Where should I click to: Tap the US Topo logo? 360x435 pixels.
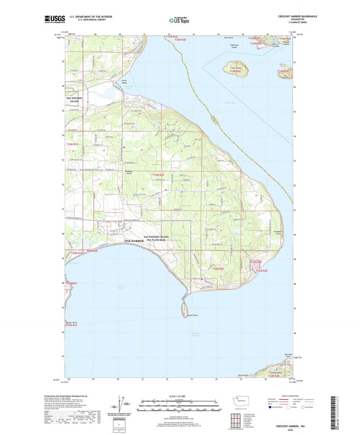point(179,20)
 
